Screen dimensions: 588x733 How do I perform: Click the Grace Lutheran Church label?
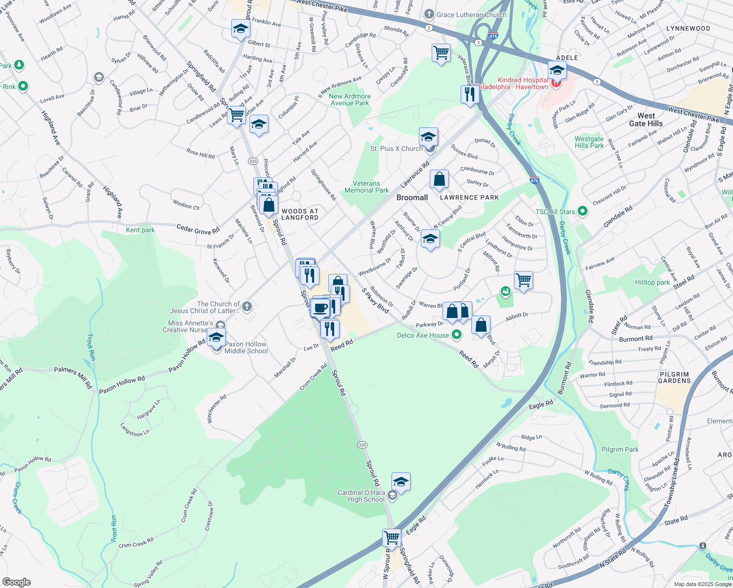click(x=471, y=15)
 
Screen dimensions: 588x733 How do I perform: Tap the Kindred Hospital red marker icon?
click(x=556, y=84)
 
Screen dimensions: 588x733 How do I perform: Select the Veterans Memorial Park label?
click(x=366, y=187)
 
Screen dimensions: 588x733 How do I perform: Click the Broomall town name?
click(x=412, y=197)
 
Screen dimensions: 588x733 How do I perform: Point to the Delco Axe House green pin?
click(x=457, y=335)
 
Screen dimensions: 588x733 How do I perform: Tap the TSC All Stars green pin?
click(x=582, y=212)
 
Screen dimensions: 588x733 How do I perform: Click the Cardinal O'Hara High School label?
click(x=361, y=496)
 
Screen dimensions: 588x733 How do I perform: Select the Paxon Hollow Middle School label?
click(x=246, y=347)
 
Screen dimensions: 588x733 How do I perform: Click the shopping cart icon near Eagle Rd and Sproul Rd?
click(x=392, y=537)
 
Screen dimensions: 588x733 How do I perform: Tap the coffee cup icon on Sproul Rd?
click(x=320, y=308)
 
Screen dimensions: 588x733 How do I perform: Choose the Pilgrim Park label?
click(x=620, y=449)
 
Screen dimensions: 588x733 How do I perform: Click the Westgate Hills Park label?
click(x=589, y=142)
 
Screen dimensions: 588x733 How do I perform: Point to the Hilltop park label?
click(x=652, y=282)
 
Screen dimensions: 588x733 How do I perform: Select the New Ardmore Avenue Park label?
click(x=350, y=99)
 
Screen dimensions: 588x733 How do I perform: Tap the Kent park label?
click(x=140, y=230)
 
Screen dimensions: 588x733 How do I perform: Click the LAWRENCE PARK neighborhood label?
click(x=469, y=197)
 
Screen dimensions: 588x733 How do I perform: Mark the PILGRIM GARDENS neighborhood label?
click(x=674, y=377)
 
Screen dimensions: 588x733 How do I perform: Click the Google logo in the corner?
click(x=16, y=582)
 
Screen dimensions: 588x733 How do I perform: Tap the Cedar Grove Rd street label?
click(x=198, y=229)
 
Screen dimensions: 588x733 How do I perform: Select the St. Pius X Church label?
click(x=396, y=148)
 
